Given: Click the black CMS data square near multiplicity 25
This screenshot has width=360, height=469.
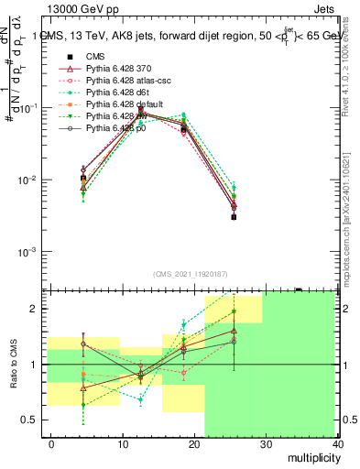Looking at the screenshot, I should [234, 217].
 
